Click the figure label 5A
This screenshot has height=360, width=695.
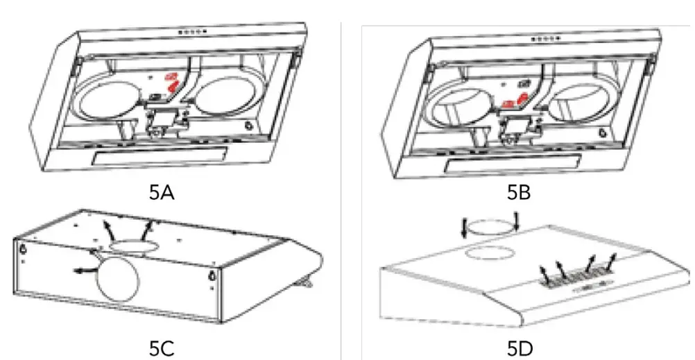[x=162, y=192]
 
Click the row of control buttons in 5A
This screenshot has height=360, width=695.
[x=191, y=32]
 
